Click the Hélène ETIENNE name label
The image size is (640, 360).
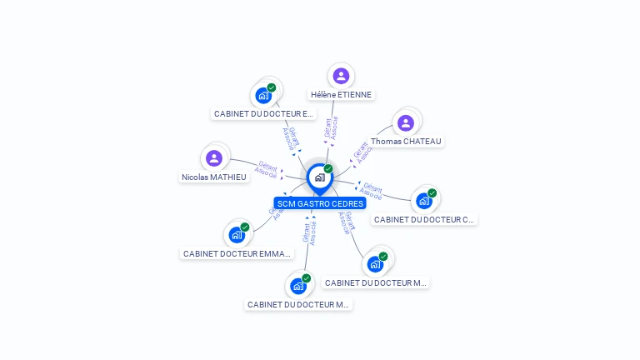(341, 95)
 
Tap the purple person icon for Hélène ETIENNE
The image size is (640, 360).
(341, 76)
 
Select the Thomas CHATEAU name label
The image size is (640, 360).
(406, 142)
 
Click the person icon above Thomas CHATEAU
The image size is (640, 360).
(406, 123)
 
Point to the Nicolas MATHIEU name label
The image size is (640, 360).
(214, 177)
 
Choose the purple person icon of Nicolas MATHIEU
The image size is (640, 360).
(214, 157)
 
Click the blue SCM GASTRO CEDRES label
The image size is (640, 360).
(320, 203)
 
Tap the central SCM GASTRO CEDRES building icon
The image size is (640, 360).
(319, 177)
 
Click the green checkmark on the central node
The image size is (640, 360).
(328, 169)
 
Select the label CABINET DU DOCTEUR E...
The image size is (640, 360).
(263, 113)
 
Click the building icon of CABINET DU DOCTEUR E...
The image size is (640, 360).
(263, 95)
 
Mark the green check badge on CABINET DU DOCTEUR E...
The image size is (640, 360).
(272, 87)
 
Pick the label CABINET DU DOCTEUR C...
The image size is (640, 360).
(424, 219)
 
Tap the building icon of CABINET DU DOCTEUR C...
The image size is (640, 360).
(424, 201)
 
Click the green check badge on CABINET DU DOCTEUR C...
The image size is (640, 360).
(432, 193)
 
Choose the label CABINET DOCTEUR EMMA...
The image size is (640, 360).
(237, 253)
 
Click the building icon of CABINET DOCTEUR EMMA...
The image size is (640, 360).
(237, 235)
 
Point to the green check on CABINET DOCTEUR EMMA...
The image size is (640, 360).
(245, 227)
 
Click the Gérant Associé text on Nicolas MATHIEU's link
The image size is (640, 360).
(267, 169)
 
